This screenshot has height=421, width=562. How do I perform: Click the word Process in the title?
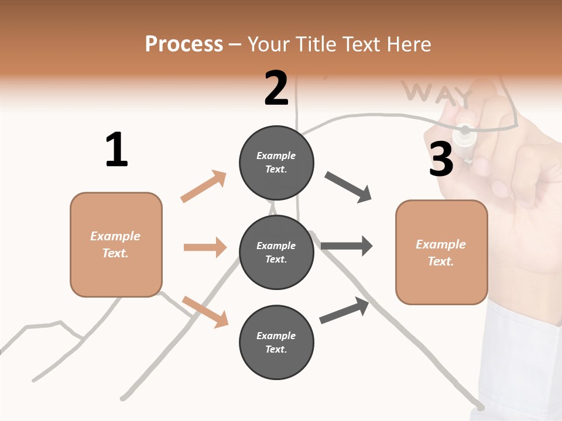point(184,44)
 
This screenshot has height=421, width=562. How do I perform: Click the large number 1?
point(116,150)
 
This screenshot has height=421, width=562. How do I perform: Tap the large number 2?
point(276,89)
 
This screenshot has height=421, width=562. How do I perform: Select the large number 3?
point(441,160)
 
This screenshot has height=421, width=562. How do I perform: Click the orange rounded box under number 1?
point(116,244)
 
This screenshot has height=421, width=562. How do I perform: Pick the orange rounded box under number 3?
point(441,253)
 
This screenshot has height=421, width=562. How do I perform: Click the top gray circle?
point(276,163)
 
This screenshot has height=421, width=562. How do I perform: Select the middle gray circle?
point(276,253)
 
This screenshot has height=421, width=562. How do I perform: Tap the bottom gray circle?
point(276,343)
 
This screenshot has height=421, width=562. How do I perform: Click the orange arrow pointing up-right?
point(204,186)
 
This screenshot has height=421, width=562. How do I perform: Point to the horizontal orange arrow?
point(205,247)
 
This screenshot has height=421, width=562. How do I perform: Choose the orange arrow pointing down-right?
point(205,312)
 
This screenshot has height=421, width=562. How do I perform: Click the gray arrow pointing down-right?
point(348,187)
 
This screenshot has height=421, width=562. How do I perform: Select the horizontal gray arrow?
point(347,246)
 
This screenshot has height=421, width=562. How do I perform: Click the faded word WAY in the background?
point(437,94)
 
